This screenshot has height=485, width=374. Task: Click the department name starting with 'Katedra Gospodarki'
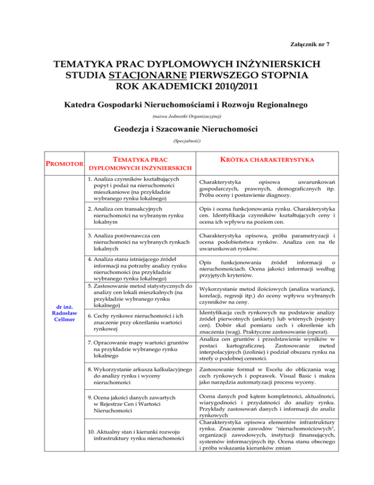187,106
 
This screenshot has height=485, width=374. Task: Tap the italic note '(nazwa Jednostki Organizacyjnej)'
187,117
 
